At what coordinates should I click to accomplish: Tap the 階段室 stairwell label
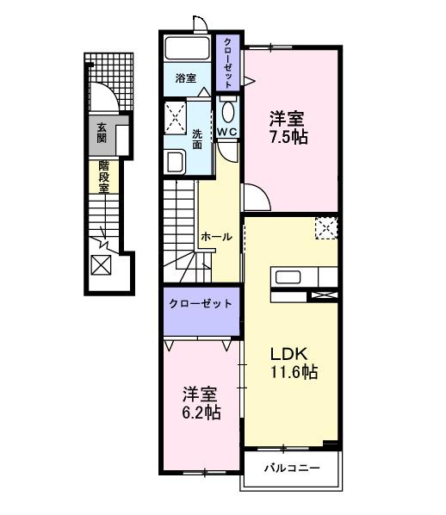point(103,177)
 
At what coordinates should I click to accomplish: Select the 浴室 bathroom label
point(186,78)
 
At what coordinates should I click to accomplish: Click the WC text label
point(226,131)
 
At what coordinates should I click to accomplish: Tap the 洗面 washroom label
point(198,140)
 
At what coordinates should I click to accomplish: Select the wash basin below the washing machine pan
point(176,161)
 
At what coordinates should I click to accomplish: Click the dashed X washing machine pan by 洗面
point(177,116)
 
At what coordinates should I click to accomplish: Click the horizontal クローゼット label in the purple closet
point(201,304)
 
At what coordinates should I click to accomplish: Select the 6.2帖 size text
point(200,413)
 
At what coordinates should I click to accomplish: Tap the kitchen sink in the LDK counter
point(286,277)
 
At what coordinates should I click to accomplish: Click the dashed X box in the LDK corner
point(325,228)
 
